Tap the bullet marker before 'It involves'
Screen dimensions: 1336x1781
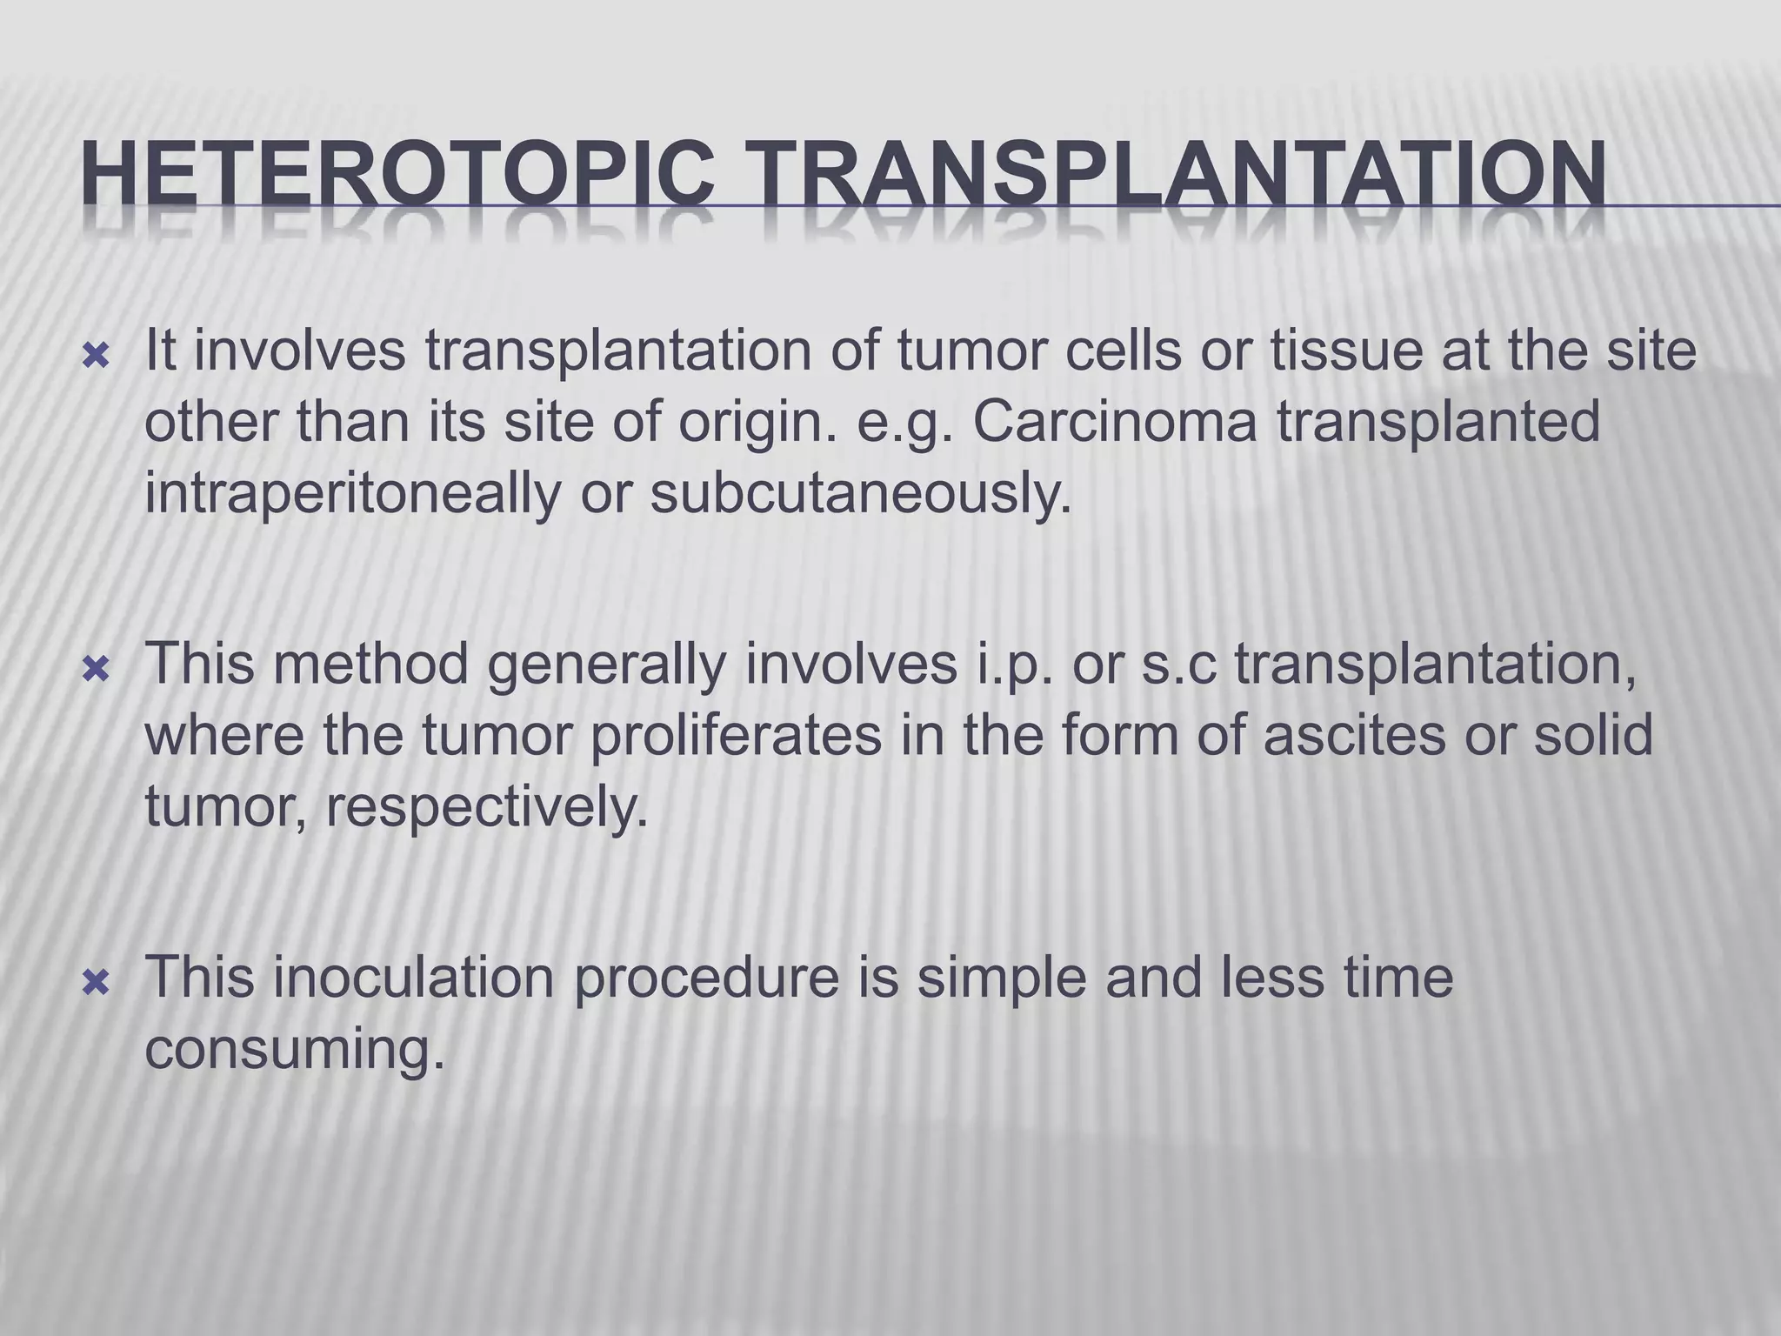[x=95, y=355]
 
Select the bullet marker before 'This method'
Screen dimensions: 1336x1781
[x=95, y=669]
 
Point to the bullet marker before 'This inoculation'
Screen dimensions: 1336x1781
[x=95, y=983]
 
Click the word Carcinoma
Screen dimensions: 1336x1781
[x=1114, y=422]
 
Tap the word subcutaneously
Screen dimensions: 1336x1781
[x=860, y=493]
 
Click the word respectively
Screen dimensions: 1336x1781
[x=487, y=807]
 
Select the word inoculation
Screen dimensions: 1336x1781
[x=413, y=978]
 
